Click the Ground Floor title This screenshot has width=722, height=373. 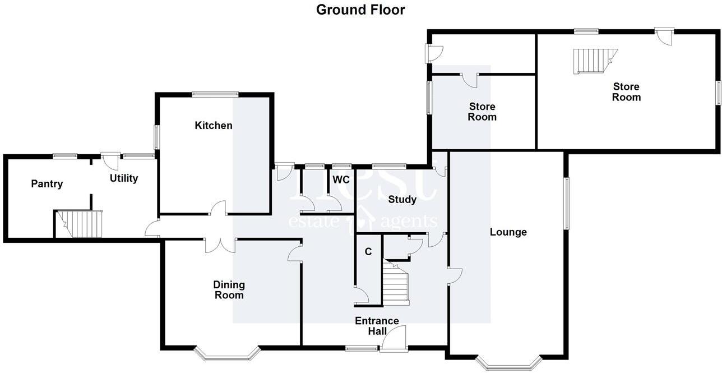tap(360, 10)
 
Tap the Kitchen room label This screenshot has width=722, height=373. tap(214, 125)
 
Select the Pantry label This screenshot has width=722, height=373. tap(47, 183)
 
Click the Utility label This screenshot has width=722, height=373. tap(124, 178)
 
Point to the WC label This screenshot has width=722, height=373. tap(341, 179)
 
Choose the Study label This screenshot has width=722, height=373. tap(402, 199)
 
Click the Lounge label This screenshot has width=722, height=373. tap(508, 232)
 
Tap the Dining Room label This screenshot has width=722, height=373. tap(229, 290)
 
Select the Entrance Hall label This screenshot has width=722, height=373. tap(377, 326)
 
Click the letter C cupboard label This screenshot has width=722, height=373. tap(368, 252)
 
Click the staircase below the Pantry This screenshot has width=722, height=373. tap(81, 224)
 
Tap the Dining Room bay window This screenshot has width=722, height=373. tap(227, 353)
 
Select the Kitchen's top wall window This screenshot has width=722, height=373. tap(215, 94)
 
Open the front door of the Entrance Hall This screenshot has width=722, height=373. tap(394, 340)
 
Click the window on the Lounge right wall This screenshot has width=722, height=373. tap(567, 203)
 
